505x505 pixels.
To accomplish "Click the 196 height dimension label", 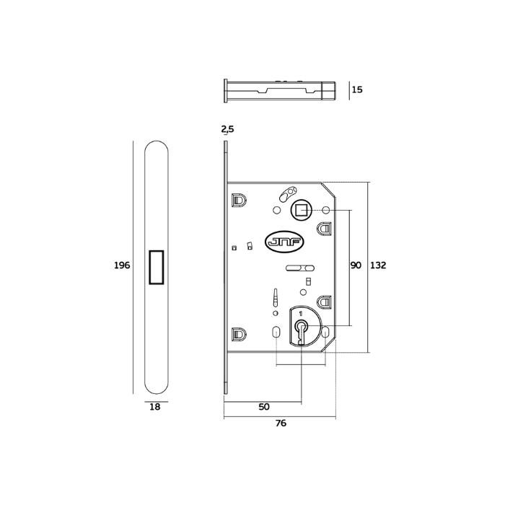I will tap(122, 265).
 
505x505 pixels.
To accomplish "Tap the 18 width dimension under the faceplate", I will tap(154, 407).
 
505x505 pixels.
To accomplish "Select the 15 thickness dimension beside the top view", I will tap(357, 90).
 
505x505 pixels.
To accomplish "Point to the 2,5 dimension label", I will tap(227, 129).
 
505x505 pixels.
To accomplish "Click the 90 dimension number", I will tap(356, 265).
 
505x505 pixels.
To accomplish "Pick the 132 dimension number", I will tap(378, 265).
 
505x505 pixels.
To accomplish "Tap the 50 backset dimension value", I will tap(264, 407).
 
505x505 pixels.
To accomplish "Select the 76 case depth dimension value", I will tap(281, 423).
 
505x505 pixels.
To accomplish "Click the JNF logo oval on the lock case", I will tap(286, 242).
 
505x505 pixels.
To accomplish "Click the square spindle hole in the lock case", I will tap(300, 211).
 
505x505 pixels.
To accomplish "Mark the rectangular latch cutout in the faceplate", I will tap(155, 266).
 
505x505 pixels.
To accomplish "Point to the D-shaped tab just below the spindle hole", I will tap(325, 228).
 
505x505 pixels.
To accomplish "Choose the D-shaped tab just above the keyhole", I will tap(325, 301).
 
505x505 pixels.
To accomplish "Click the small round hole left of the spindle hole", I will tap(276, 211).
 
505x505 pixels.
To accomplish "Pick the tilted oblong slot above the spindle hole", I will tap(289, 193).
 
